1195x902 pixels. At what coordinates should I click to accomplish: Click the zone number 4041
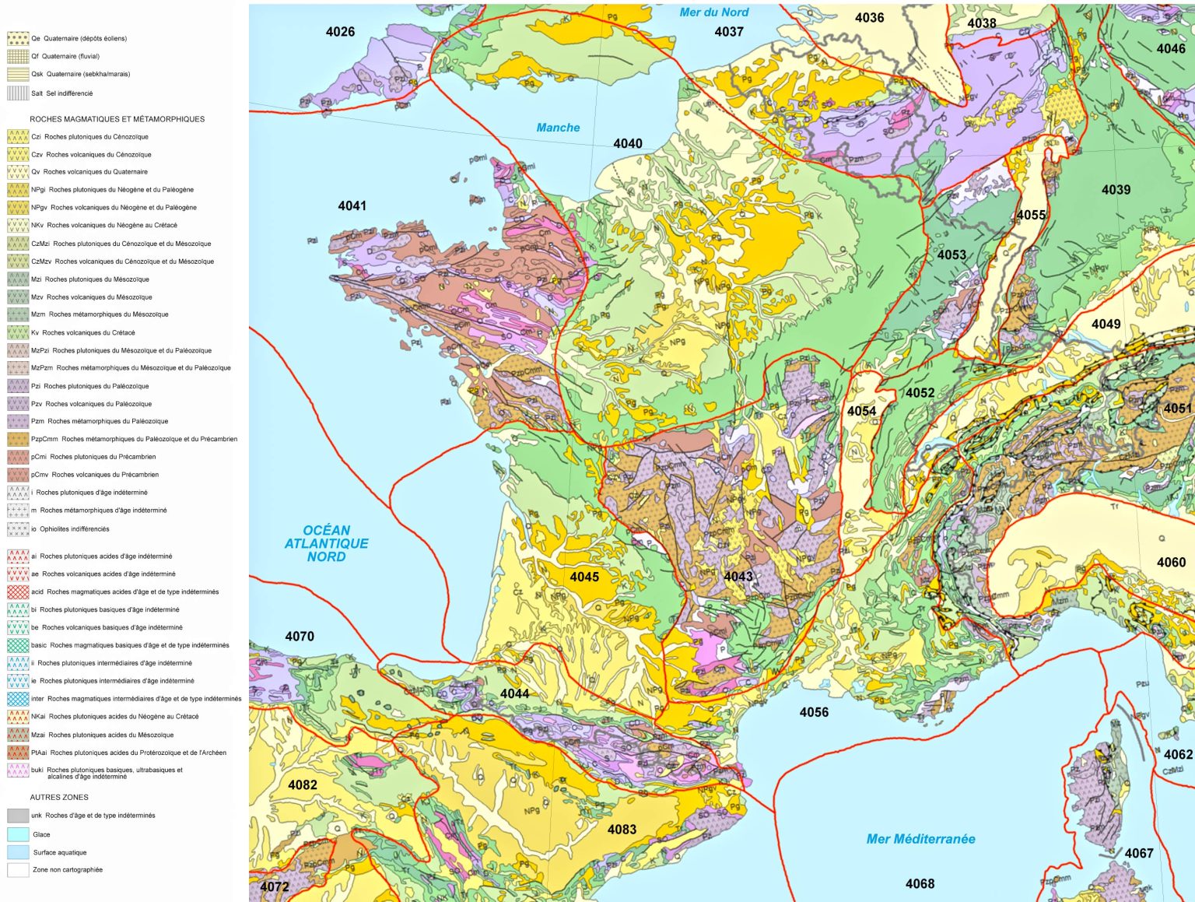[352, 205]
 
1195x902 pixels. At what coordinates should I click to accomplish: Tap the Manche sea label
[558, 128]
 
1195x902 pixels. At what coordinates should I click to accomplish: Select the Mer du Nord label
[713, 12]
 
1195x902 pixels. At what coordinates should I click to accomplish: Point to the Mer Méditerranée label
[920, 839]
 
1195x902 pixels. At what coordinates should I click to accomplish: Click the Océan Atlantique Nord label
[326, 543]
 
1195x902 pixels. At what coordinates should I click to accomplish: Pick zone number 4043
[738, 576]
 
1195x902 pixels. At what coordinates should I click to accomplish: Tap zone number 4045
[584, 577]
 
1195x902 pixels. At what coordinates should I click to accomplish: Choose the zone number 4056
[814, 712]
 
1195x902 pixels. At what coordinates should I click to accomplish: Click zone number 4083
[622, 830]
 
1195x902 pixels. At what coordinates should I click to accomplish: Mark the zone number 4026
[340, 32]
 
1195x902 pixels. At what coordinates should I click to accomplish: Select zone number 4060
[1171, 562]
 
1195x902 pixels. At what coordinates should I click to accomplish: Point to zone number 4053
[951, 254]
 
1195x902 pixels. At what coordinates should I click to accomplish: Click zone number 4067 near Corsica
[1139, 853]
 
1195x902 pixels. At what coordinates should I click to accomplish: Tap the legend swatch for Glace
[18, 834]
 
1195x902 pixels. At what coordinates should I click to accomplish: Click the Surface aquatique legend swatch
[18, 852]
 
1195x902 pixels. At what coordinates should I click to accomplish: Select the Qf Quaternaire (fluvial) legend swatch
[18, 56]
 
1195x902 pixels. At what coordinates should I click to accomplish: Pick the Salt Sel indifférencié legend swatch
[18, 93]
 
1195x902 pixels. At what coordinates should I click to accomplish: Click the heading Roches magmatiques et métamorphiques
[117, 119]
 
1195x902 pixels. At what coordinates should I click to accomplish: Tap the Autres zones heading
[59, 797]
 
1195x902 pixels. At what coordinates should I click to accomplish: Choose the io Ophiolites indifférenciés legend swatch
[18, 529]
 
